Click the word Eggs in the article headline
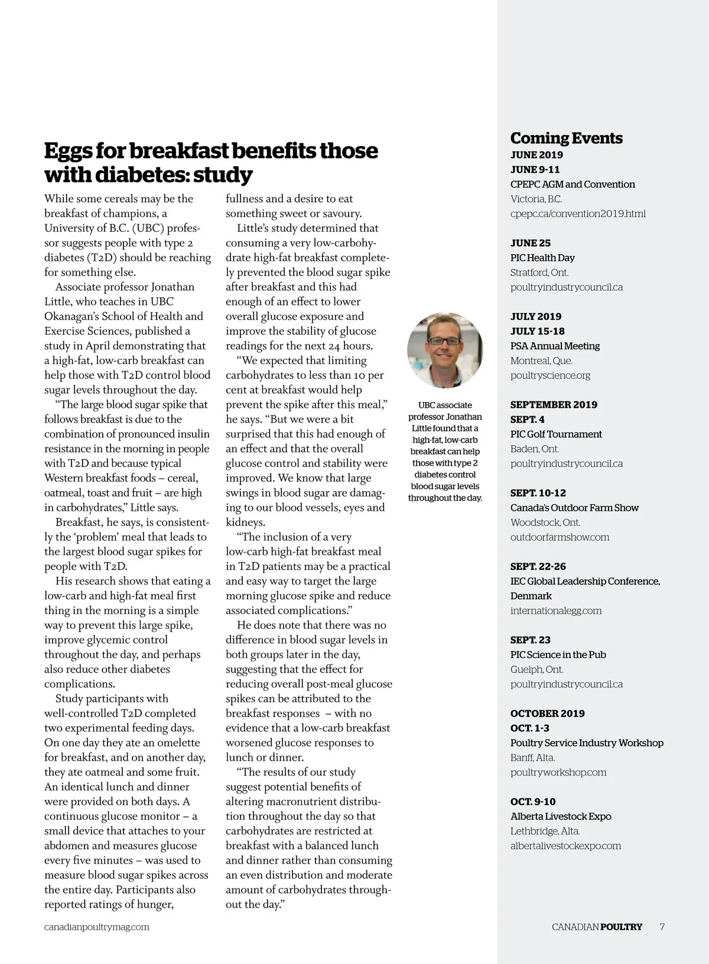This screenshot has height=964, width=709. (x=67, y=151)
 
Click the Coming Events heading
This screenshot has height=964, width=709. (x=566, y=138)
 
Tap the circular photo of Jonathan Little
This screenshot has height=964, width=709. (x=445, y=350)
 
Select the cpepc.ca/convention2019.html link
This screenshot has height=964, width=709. (x=577, y=214)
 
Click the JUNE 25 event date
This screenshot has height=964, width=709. (x=531, y=243)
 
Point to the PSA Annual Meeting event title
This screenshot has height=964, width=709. (x=555, y=346)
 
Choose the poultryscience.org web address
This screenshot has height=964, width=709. (x=550, y=375)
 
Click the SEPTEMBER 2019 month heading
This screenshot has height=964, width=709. (x=554, y=405)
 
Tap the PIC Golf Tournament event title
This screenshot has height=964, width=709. (x=556, y=434)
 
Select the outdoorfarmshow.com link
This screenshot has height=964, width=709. (x=560, y=537)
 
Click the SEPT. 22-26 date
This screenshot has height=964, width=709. (x=538, y=566)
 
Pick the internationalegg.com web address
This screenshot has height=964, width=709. (x=556, y=611)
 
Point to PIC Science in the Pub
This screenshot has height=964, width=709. (x=558, y=655)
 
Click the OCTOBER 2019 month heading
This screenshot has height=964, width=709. (x=547, y=713)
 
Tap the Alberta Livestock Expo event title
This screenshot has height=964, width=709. (x=561, y=816)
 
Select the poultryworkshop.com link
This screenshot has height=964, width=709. (x=558, y=773)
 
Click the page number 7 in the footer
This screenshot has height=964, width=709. (x=662, y=927)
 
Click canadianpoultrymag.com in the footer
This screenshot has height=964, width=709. (x=97, y=927)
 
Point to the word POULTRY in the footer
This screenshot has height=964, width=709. (x=620, y=927)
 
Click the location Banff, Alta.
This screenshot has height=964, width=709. (x=532, y=758)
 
